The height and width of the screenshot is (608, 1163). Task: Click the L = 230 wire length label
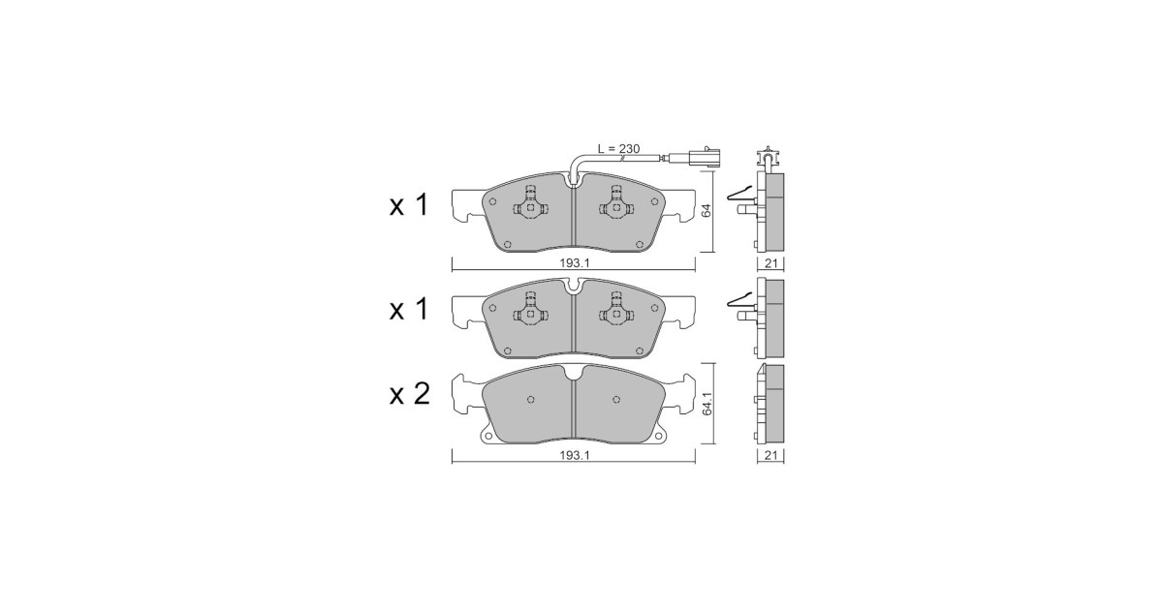point(619,149)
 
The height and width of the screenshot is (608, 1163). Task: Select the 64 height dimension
point(707,211)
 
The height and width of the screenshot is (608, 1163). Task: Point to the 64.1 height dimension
point(707,403)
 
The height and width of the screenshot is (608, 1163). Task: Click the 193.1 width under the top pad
point(574,263)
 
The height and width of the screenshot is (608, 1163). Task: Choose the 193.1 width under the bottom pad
point(574,455)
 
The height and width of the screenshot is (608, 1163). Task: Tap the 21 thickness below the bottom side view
point(771,455)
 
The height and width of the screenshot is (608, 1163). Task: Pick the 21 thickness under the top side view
point(771,263)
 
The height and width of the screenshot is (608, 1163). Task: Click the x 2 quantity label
point(410,394)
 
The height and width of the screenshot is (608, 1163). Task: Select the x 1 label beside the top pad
point(409,205)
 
